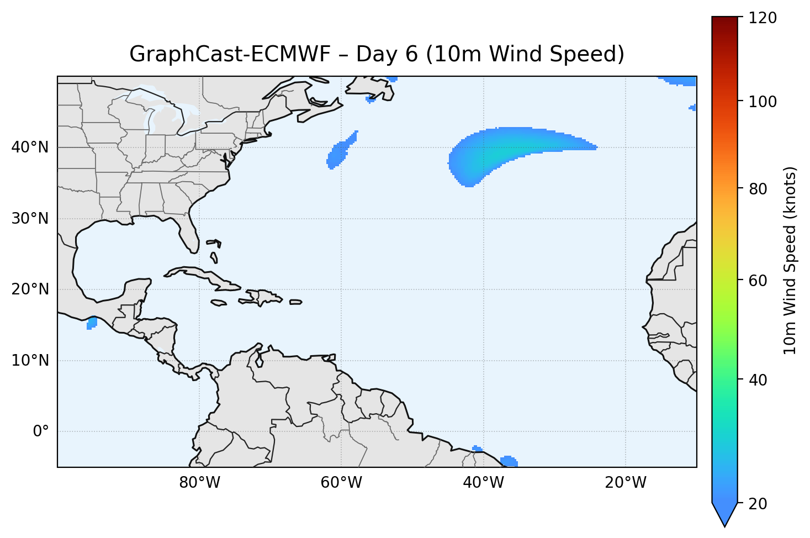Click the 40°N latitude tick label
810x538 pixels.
pos(30,147)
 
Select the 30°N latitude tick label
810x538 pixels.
pos(30,219)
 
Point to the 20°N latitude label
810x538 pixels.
pos(30,289)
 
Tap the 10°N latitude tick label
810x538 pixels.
pos(30,361)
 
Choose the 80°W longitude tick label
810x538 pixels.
pos(199,483)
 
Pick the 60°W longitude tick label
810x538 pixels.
pos(341,483)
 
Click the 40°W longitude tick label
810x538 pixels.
pos(483,483)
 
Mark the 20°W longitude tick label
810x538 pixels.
pos(626,483)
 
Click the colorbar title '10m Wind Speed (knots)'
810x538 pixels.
pos(790,260)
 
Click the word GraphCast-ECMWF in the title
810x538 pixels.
pos(229,54)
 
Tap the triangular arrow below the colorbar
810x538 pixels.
pos(725,514)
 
